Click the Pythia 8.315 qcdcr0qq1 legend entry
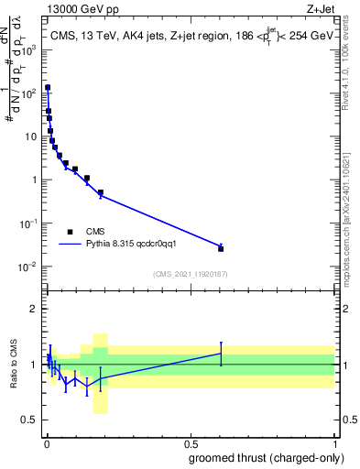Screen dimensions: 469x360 click(x=110, y=245)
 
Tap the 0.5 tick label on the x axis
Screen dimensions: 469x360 click(x=190, y=442)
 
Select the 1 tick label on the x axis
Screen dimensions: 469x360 click(x=333, y=442)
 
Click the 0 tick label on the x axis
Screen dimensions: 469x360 click(x=46, y=442)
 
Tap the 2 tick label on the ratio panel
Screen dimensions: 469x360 click(x=35, y=309)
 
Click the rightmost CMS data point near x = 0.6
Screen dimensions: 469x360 click(x=221, y=248)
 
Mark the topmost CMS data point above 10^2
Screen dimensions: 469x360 click(x=48, y=88)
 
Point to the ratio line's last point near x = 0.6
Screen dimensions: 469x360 click(x=221, y=354)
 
